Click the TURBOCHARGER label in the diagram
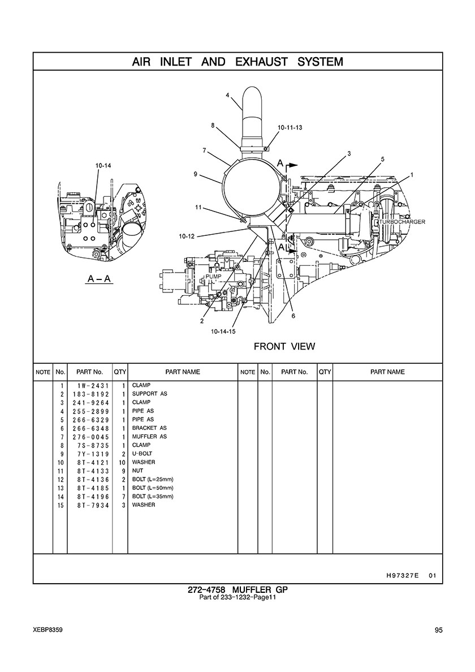pyautogui.click(x=403, y=222)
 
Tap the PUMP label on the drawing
pyautogui.click(x=213, y=277)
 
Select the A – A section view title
pyautogui.click(x=99, y=279)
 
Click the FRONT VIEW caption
pyautogui.click(x=284, y=346)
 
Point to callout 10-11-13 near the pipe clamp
pyautogui.click(x=290, y=127)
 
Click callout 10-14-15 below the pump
pyautogui.click(x=223, y=331)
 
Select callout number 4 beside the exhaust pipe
pyautogui.click(x=227, y=94)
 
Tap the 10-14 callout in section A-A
pyautogui.click(x=103, y=165)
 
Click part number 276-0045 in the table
pyautogui.click(x=91, y=437)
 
